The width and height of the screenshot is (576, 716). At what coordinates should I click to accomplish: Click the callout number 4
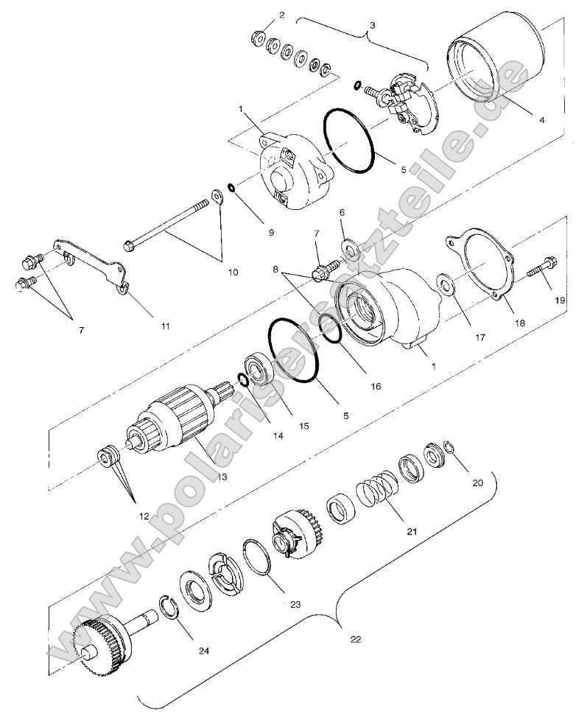pyautogui.click(x=541, y=119)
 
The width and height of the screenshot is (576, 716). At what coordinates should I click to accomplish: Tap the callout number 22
pyautogui.click(x=355, y=639)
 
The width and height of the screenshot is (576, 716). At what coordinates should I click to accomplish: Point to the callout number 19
pyautogui.click(x=559, y=300)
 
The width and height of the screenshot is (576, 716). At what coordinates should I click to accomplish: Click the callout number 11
pyautogui.click(x=166, y=325)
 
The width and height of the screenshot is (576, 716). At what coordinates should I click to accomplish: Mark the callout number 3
pyautogui.click(x=372, y=24)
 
